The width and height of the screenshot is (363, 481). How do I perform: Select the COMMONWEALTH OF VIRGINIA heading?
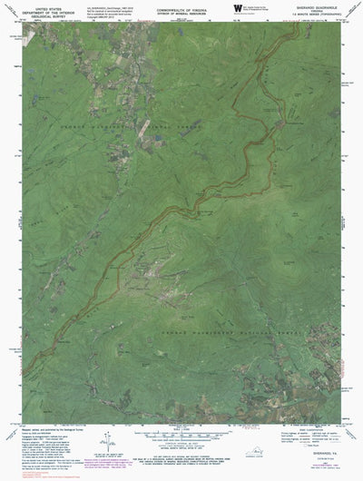[181, 5]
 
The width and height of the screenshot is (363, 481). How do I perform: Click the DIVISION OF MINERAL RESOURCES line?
[181, 10]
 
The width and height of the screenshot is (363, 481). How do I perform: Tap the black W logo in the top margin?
[238, 8]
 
